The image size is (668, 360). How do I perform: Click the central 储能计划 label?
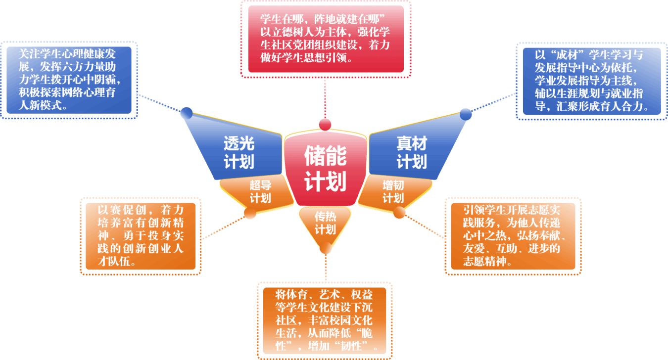(325, 168)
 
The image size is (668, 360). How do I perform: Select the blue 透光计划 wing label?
(239, 152)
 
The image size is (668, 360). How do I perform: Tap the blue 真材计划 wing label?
(411, 152)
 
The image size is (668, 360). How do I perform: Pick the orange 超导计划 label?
(260, 192)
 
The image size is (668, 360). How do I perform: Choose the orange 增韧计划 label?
(393, 192)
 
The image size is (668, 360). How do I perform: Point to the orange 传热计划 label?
(325, 223)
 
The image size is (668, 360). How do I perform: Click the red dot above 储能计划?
(325, 124)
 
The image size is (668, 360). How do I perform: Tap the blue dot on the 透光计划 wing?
(186, 113)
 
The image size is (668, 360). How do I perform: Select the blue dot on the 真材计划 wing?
(466, 114)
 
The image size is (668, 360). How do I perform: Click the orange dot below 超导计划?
(250, 214)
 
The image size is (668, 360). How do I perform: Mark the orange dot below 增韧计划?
(399, 213)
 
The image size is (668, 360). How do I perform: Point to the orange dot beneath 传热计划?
(326, 249)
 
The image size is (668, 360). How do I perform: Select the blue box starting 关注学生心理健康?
(69, 80)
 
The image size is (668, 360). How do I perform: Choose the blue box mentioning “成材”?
(588, 81)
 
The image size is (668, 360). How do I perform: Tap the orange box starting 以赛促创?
(141, 236)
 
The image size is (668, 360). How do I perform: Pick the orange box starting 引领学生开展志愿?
(513, 236)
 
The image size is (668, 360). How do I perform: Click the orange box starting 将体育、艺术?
(324, 320)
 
